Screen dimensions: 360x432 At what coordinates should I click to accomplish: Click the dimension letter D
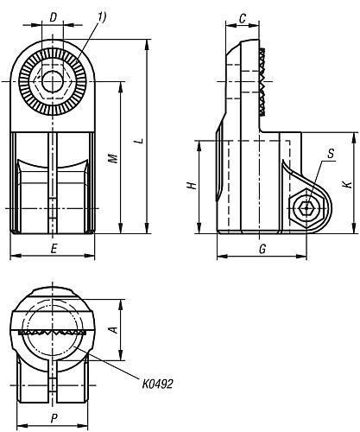(53, 18)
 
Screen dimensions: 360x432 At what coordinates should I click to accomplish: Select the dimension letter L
(140, 141)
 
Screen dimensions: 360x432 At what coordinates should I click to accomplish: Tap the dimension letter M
(114, 158)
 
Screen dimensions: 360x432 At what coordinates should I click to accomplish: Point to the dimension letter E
(54, 249)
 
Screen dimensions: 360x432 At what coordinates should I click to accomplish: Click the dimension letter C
(243, 19)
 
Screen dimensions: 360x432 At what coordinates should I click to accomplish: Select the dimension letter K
(349, 184)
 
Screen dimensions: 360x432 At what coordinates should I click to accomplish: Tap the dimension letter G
(262, 249)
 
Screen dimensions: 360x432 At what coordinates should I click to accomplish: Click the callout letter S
(331, 154)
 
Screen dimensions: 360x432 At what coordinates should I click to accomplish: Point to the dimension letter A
(114, 330)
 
